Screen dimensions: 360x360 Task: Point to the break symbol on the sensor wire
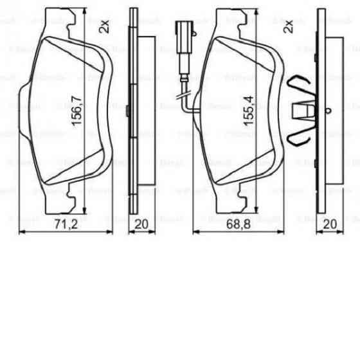(x=182, y=98)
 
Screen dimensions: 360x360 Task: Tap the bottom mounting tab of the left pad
(x=66, y=196)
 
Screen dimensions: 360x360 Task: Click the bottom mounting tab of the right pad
(x=240, y=193)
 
